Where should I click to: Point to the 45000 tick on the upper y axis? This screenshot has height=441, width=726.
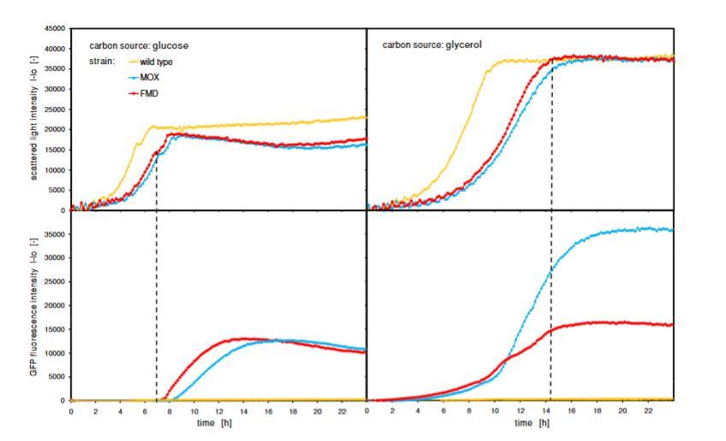(56, 29)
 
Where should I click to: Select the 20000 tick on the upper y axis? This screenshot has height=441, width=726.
(56, 129)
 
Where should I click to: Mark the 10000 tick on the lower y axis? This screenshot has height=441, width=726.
(56, 352)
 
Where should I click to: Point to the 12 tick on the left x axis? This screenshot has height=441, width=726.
(218, 410)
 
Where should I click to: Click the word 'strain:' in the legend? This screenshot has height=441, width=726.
(104, 62)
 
